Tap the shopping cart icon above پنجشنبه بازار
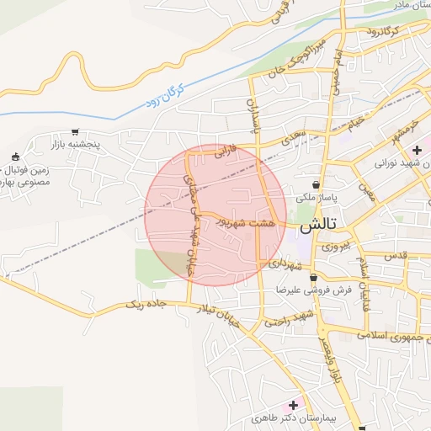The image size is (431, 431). point(76,132)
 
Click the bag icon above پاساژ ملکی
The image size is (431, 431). point(316,184)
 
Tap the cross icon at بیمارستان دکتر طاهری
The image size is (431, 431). point(293,405)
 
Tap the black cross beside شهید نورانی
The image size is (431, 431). point(417,150)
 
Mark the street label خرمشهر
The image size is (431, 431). point(403,130)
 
